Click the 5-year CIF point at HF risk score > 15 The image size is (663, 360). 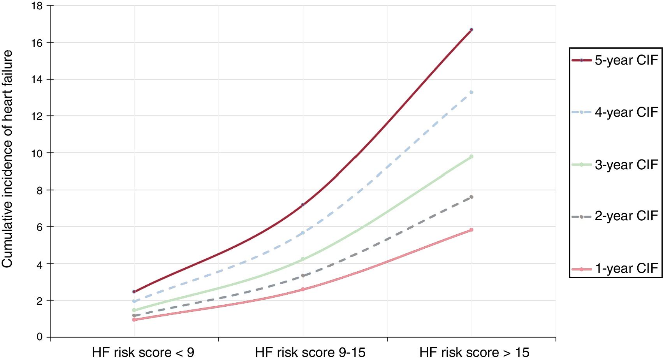tap(471, 30)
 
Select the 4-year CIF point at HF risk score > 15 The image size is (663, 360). tap(471, 92)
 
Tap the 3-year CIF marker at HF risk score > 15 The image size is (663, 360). tap(471, 157)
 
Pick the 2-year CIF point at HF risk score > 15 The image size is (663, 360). tap(471, 197)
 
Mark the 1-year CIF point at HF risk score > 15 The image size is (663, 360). tap(471, 230)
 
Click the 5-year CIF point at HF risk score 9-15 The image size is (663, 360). tap(303, 204)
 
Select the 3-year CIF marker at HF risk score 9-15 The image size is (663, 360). tap(303, 259)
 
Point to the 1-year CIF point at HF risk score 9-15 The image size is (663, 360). tap(303, 289)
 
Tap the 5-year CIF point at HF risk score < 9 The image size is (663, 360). tap(134, 292)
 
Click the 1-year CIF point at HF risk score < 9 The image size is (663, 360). tap(134, 320)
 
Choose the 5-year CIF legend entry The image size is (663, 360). tap(615, 60)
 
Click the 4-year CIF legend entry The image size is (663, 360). tap(615, 112)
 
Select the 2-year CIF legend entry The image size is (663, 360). tap(615, 216)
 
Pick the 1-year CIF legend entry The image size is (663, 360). tap(615, 269)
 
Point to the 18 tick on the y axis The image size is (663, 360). tap(37, 6)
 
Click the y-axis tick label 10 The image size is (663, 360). tap(37, 153)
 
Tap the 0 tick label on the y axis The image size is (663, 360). tap(40, 337)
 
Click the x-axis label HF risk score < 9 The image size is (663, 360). tap(143, 353)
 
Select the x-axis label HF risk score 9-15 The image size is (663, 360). tap(310, 353)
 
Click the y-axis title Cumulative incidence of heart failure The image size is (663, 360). tap(8, 159)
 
